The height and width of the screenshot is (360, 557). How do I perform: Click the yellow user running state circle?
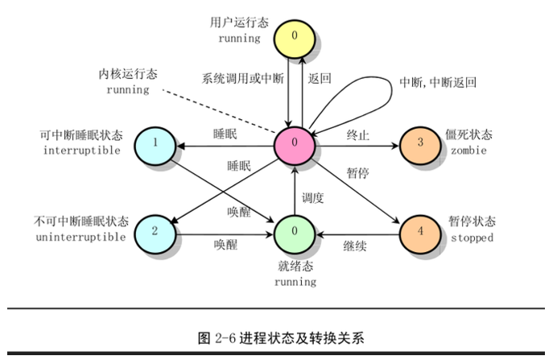(296, 35)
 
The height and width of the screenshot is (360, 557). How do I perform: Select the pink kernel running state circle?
(295, 143)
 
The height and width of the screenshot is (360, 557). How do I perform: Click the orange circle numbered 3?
(421, 143)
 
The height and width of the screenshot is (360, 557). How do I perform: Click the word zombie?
(468, 150)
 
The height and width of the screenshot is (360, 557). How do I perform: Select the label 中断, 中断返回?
(438, 82)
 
